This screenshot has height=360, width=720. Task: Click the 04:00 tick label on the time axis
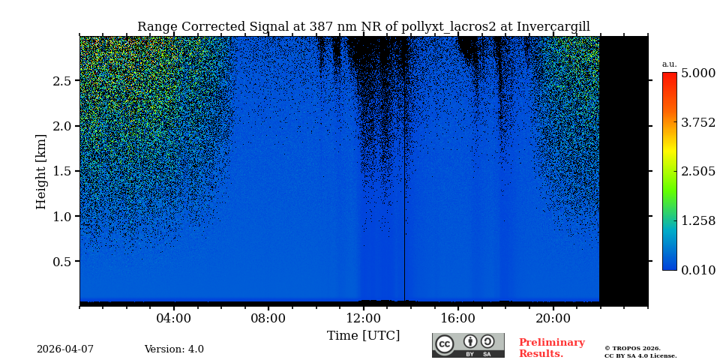[173, 319]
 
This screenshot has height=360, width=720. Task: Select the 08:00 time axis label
[268, 319]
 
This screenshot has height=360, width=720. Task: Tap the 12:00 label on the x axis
[363, 319]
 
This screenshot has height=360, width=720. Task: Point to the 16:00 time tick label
[457, 319]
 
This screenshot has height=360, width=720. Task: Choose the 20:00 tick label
[553, 319]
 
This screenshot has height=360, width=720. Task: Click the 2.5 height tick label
[62, 81]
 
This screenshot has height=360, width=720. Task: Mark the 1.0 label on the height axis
[62, 217]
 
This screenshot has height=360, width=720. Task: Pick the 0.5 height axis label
[62, 262]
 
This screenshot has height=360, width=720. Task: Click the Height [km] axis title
[41, 171]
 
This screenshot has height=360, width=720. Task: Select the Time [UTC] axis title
[363, 335]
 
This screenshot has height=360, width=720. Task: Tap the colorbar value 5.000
[697, 73]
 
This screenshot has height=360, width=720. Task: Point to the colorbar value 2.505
[697, 172]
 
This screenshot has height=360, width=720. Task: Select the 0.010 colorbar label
[697, 270]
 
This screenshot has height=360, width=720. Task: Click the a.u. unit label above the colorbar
[669, 64]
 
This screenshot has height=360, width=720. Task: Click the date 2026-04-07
[65, 349]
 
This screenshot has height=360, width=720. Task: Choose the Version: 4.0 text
[174, 349]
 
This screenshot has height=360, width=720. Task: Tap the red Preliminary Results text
[551, 348]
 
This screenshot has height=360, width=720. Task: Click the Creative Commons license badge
[468, 345]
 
